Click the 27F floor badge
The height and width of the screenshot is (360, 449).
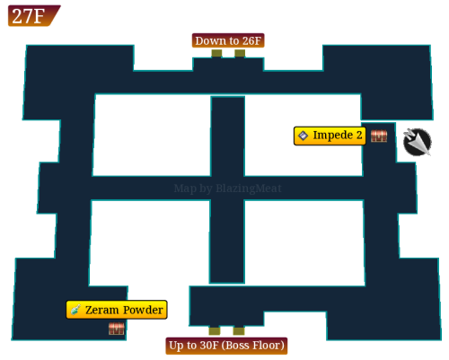(33, 15)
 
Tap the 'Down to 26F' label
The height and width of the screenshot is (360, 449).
(228, 40)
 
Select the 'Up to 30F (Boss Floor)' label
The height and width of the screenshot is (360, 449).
(226, 346)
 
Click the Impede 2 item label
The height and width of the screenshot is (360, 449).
(330, 136)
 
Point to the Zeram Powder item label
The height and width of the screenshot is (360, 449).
(117, 310)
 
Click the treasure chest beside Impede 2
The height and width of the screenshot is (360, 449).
(379, 136)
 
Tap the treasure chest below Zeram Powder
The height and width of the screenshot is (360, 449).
(117, 329)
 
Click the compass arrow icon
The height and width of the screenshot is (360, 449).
(418, 142)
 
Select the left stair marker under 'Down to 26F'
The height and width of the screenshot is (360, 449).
(216, 53)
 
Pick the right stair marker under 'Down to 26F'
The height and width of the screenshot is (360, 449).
(240, 53)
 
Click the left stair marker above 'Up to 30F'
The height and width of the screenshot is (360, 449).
(215, 330)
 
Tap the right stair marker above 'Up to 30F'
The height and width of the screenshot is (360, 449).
(239, 330)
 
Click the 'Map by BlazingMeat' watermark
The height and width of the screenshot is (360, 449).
(228, 189)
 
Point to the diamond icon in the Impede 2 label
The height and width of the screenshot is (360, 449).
(304, 136)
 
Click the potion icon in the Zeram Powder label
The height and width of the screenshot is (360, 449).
(75, 310)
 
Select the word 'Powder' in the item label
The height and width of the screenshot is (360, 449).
(143, 310)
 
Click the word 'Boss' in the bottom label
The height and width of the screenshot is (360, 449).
(239, 346)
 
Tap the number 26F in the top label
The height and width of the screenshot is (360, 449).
(251, 40)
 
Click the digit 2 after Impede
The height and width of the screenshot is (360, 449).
(359, 135)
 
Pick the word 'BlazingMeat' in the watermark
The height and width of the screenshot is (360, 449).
(249, 189)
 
